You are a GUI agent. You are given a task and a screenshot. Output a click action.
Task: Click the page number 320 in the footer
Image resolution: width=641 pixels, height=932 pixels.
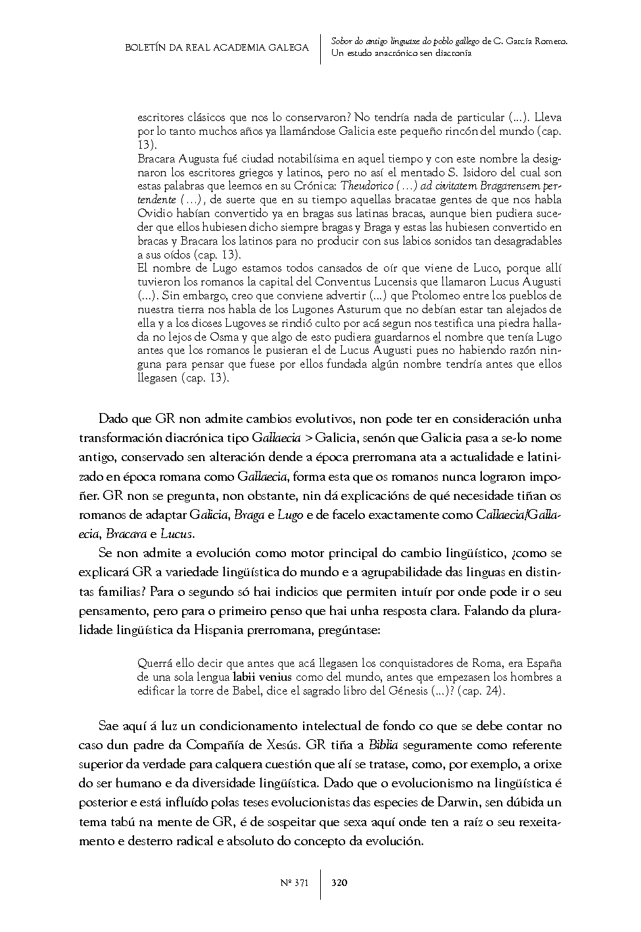(x=340, y=883)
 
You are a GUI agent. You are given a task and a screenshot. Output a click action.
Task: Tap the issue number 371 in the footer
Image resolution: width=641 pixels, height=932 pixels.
(x=300, y=883)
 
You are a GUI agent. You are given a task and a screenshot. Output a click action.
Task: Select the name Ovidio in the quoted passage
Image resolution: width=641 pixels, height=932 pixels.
(x=153, y=214)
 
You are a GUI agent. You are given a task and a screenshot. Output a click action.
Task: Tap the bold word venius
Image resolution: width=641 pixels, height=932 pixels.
(x=281, y=676)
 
